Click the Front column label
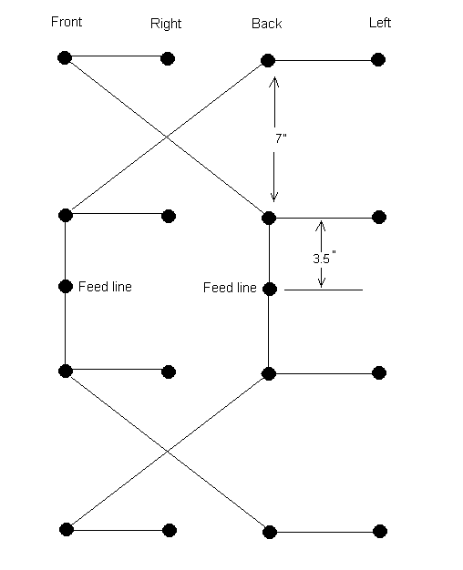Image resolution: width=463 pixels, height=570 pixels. coord(67,22)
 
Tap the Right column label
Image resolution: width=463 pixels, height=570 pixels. coord(166,24)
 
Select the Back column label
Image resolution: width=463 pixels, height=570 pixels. coord(267,24)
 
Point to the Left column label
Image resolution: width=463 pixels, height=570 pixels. coord(380,23)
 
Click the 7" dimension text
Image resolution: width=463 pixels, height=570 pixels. coord(281,138)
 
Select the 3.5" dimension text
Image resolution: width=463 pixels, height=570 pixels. coord(324,258)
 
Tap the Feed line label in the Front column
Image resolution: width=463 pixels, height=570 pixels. coord(105,287)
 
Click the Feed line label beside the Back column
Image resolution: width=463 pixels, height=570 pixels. coord(230,288)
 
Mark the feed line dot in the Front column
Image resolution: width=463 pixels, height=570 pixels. coord(66,287)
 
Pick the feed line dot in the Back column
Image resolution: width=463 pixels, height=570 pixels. coord(270,289)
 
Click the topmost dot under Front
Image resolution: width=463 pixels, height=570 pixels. coord(65,57)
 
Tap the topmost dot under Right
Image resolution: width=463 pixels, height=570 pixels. coord(168,58)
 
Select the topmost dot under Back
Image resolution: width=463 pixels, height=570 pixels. coord(268,60)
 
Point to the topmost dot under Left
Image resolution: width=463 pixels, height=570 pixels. coord(378,59)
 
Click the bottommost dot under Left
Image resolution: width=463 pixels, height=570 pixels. coord(380,532)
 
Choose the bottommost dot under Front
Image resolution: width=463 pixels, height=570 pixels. coord(67,530)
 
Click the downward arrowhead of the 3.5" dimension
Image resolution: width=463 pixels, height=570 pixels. coord(321,282)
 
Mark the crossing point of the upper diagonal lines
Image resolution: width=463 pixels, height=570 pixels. coord(167,137)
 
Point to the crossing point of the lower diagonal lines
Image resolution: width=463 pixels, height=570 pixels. coord(167,451)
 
